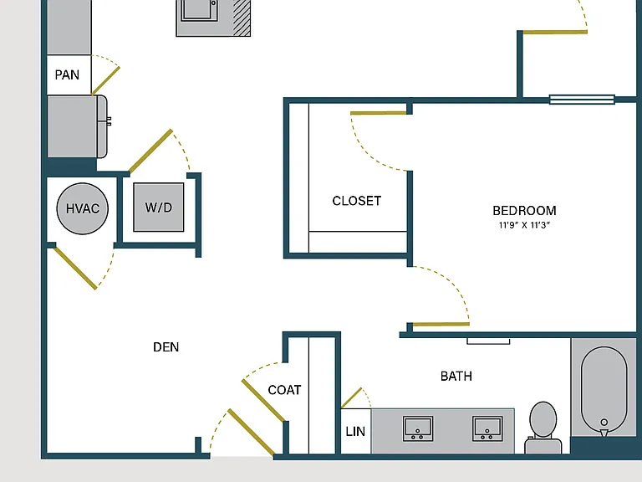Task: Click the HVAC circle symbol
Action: [82, 208]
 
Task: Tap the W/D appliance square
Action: [159, 207]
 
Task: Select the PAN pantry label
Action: [67, 75]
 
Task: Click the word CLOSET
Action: [357, 201]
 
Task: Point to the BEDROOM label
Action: [524, 211]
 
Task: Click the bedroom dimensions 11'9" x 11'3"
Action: [524, 225]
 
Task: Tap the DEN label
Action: [166, 347]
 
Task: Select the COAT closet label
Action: [284, 390]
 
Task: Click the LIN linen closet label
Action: [355, 431]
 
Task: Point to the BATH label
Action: [456, 377]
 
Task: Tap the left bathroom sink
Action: [418, 428]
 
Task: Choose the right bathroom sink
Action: [487, 428]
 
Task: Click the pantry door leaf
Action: [105, 80]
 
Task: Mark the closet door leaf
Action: [379, 113]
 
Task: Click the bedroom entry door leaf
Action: [441, 325]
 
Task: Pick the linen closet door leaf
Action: [352, 397]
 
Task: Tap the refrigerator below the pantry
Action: [77, 126]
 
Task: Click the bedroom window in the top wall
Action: [582, 100]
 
